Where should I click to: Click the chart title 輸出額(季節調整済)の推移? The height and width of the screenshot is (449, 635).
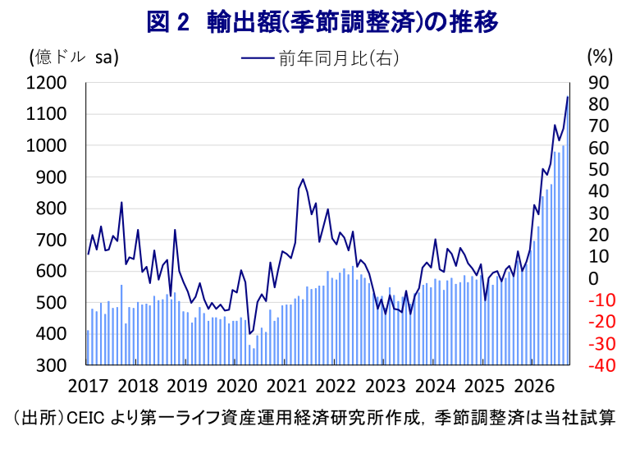click(x=353, y=22)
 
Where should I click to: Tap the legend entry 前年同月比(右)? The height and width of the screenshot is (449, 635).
click(x=320, y=58)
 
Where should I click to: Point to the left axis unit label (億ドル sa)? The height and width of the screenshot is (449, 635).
click(x=74, y=57)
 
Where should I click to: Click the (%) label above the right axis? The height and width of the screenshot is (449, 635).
click(x=600, y=57)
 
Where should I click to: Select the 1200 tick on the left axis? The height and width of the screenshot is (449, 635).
click(x=46, y=83)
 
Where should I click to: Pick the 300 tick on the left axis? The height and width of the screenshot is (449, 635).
click(x=51, y=365)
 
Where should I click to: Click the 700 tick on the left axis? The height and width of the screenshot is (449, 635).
click(x=51, y=240)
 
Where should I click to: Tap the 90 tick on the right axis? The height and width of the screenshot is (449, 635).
click(x=599, y=83)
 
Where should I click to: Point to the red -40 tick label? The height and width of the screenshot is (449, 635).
click(x=602, y=365)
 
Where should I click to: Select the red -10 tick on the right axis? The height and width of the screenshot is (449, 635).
click(x=602, y=300)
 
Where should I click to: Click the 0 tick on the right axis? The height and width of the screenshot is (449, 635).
click(x=593, y=278)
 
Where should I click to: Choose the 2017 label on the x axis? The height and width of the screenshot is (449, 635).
click(x=88, y=386)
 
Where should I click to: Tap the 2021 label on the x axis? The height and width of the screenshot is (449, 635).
click(x=286, y=386)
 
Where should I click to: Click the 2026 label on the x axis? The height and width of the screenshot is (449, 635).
click(x=534, y=386)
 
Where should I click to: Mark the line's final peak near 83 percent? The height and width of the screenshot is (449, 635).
click(x=568, y=97)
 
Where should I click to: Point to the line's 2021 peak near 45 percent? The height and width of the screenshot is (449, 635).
click(x=303, y=179)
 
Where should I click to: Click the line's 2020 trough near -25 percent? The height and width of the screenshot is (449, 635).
click(x=249, y=333)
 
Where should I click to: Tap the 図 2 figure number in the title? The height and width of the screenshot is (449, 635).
click(x=167, y=22)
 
